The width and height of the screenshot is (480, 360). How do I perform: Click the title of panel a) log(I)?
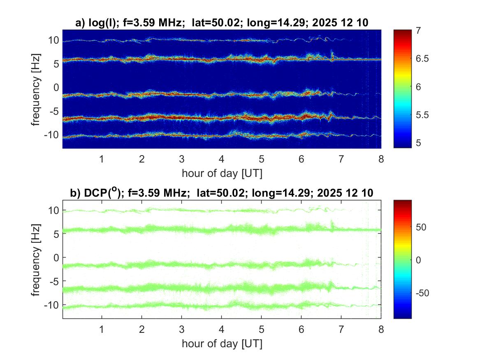click(x=222, y=23)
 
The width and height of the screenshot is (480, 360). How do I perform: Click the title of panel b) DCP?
click(x=222, y=193)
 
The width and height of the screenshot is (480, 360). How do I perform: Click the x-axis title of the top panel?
click(x=222, y=173)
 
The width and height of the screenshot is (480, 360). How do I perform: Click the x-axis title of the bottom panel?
click(x=222, y=343)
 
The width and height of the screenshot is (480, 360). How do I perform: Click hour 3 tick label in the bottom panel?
click(x=181, y=330)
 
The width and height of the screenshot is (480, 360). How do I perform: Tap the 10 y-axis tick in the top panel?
click(x=53, y=40)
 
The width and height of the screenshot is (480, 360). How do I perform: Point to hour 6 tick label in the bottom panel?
click(x=301, y=330)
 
